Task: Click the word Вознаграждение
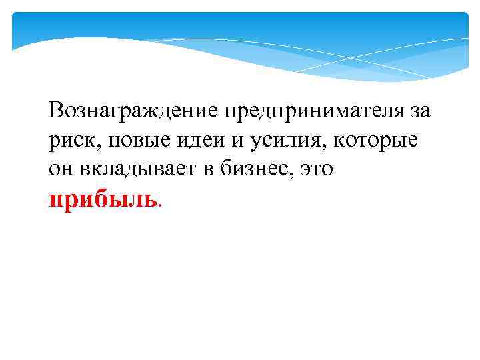(133, 110)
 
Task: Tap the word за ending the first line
(420, 110)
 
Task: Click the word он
(60, 170)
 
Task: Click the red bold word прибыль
(103, 199)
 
